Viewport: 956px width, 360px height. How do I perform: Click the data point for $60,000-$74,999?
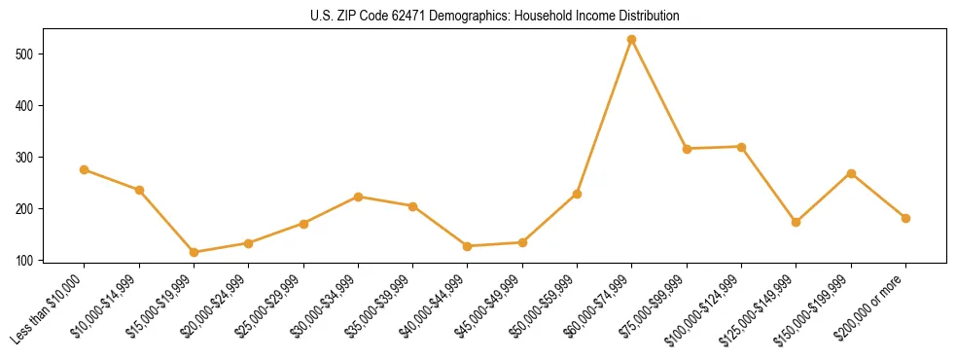click(632, 40)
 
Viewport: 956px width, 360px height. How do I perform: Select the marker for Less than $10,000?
click(85, 169)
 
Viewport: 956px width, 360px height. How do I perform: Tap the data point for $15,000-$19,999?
click(195, 252)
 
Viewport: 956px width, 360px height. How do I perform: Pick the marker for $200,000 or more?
click(905, 218)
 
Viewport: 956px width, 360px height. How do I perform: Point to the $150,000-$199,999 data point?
click(851, 173)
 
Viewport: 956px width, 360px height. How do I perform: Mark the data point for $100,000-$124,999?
click(741, 147)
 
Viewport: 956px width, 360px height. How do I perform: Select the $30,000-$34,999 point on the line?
click(358, 197)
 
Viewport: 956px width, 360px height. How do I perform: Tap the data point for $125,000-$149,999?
click(797, 222)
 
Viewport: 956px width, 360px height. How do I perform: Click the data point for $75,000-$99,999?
click(687, 149)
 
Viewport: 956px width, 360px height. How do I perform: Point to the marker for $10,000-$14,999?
click(139, 190)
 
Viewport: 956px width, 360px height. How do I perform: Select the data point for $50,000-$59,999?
click(577, 194)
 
